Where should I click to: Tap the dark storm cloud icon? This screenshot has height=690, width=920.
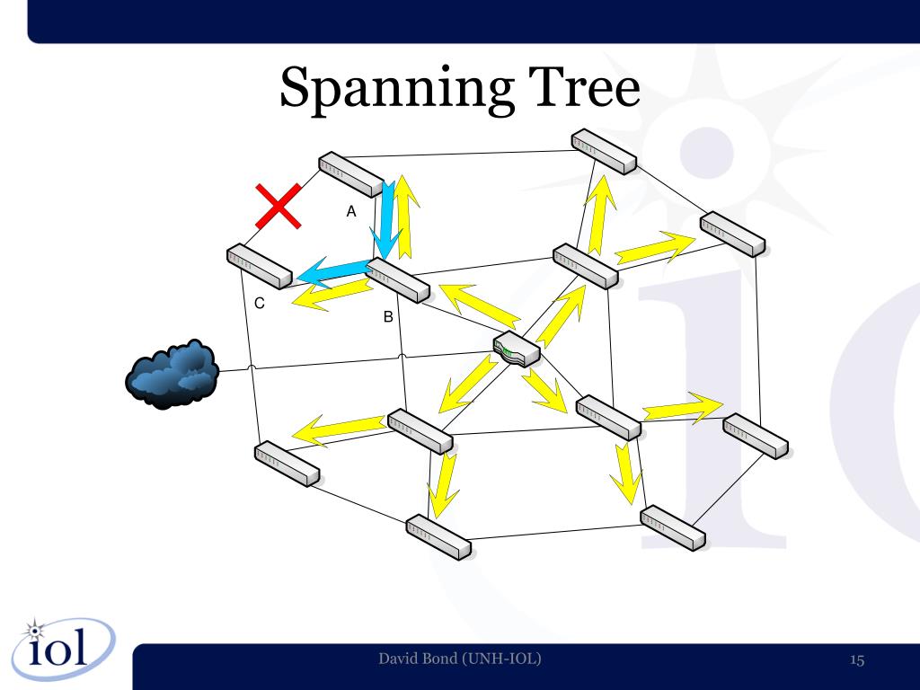point(171,373)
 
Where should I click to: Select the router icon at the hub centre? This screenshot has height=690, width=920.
point(516,349)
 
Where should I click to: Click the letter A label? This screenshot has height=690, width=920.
point(351,212)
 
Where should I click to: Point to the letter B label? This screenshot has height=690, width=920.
point(388,317)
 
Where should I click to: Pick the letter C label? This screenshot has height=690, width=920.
point(260,304)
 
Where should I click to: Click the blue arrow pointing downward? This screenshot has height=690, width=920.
point(387,220)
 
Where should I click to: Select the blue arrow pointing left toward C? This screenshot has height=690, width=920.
point(332,271)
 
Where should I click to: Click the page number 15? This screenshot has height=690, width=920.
point(856,661)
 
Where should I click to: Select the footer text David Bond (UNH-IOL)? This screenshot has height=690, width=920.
point(460,660)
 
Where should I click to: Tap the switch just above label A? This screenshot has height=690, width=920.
point(351,174)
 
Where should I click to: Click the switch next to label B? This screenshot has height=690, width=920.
point(398,279)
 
